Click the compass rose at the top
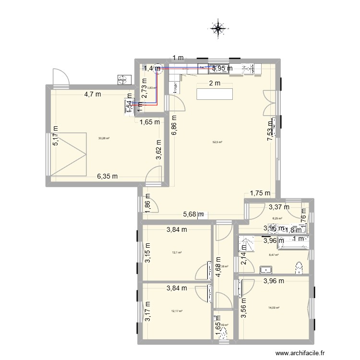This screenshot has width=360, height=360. coord(218,28)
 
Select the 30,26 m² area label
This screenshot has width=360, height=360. coord(104,138)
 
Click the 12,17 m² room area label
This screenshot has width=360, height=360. coord(177,311)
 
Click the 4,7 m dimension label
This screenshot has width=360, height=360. coord(93,94)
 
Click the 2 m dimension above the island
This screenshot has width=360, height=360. coord(214,83)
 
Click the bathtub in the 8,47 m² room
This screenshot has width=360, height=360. coord(288,243)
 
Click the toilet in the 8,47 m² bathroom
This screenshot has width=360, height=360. coord(300,267)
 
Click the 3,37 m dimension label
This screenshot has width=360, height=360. coord(279,207)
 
